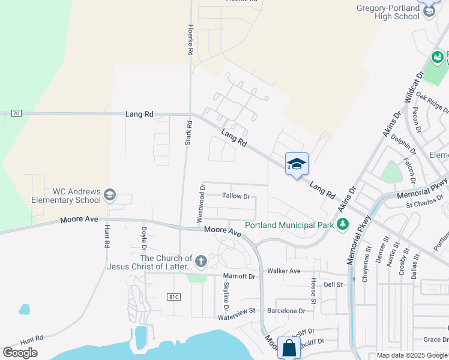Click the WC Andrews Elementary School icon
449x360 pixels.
click(x=109, y=195)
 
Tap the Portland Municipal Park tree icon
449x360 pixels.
click(x=343, y=224)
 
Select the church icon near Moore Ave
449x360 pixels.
click(x=200, y=262)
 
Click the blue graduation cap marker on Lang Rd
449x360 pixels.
click(x=297, y=164)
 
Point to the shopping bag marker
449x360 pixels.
click(x=289, y=348)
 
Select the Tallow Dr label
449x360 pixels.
click(x=236, y=196)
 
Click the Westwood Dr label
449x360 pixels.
click(x=202, y=203)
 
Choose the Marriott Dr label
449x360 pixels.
click(x=239, y=277)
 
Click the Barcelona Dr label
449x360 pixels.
click(x=286, y=311)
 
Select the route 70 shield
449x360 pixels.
click(x=16, y=113)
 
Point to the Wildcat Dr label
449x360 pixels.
click(x=414, y=86)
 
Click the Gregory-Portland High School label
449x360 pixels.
click(x=396, y=13)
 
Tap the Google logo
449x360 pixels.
click(x=20, y=353)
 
